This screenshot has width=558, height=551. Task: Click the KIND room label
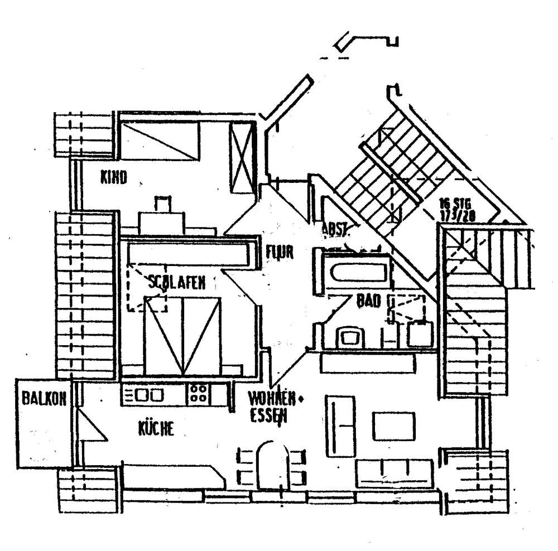[113, 178]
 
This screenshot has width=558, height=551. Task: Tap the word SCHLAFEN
[177, 283]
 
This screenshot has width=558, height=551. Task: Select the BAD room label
[368, 302]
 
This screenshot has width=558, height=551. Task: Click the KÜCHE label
[156, 428]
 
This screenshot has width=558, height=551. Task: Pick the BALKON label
[44, 399]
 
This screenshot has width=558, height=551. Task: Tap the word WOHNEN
[271, 399]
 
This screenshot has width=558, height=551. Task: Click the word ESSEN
[268, 415]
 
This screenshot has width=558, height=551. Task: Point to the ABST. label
[335, 229]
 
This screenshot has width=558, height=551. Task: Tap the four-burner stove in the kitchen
[199, 394]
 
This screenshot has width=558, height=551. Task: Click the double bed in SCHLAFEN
[182, 335]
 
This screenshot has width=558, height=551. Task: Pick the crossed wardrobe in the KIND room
[243, 157]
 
